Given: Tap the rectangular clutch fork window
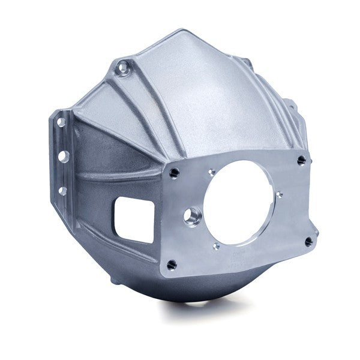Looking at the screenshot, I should pos(135,219).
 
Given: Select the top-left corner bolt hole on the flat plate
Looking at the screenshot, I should pos(173,172).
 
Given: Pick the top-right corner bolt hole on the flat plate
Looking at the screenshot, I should pos(301,160).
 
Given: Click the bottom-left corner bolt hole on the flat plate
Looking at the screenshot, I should pos(172,263).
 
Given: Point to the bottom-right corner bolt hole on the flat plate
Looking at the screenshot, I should pos(308,241).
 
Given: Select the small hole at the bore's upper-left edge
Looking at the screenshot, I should pos(211,172).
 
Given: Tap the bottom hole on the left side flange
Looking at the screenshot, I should pos(62,191).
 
